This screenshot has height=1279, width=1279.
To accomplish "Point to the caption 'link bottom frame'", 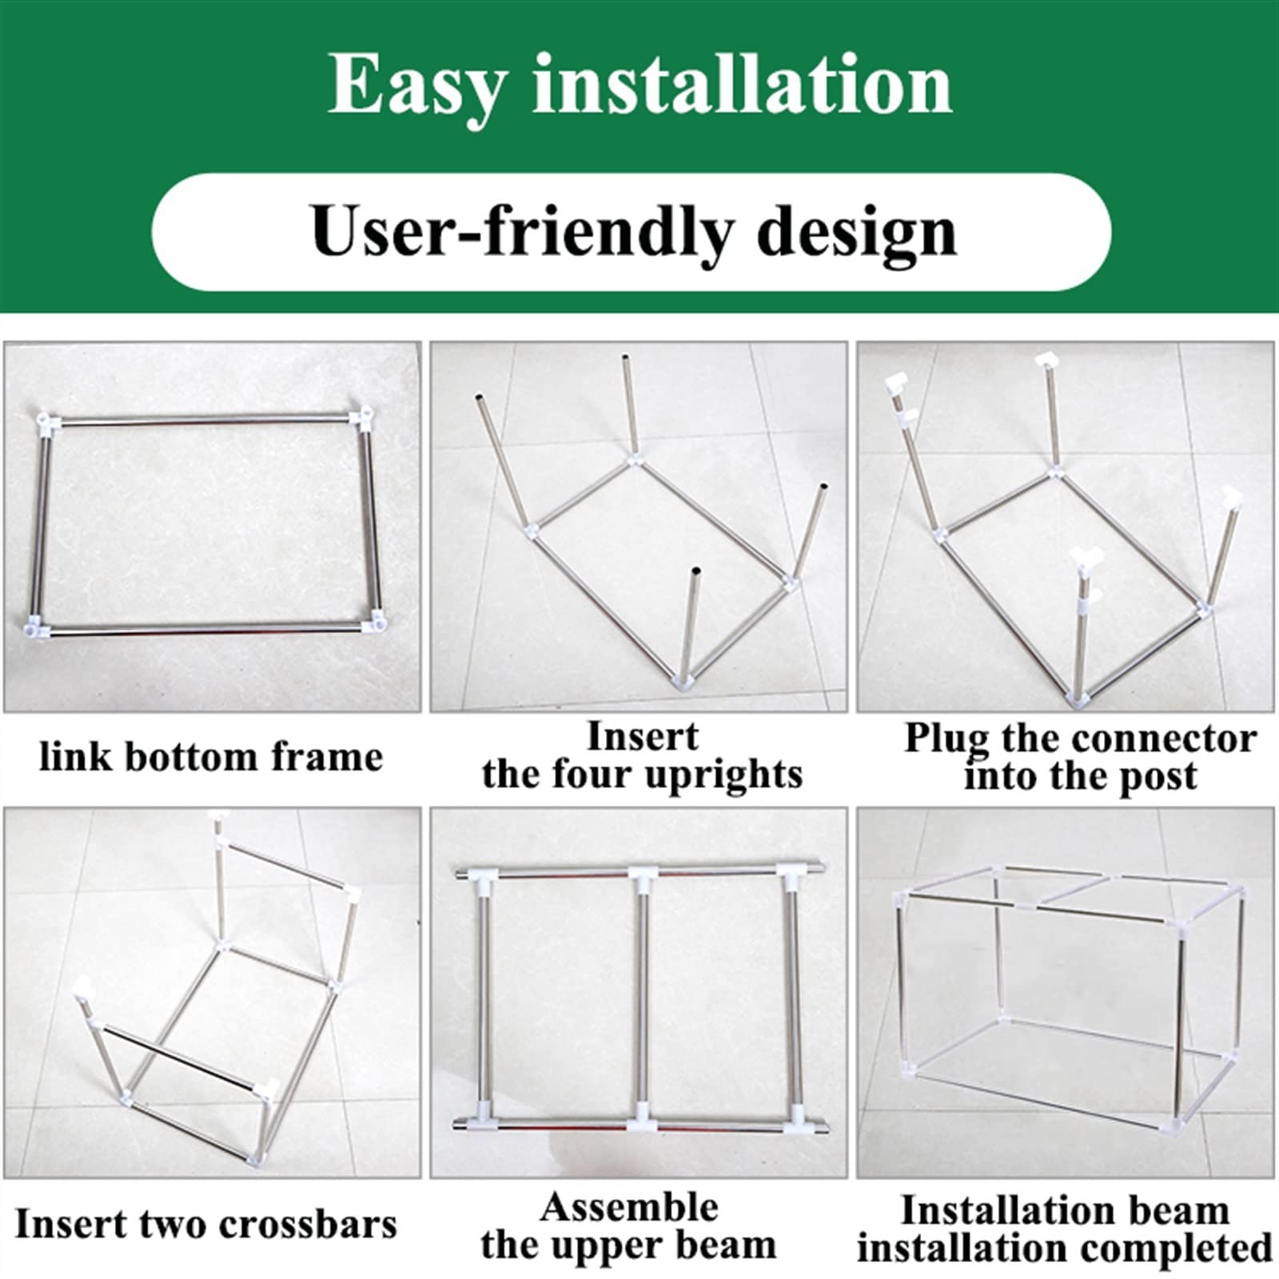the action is [x=211, y=756].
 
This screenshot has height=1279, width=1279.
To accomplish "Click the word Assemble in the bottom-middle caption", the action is [x=629, y=1207].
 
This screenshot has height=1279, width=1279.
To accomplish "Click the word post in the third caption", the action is [x=1158, y=778].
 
